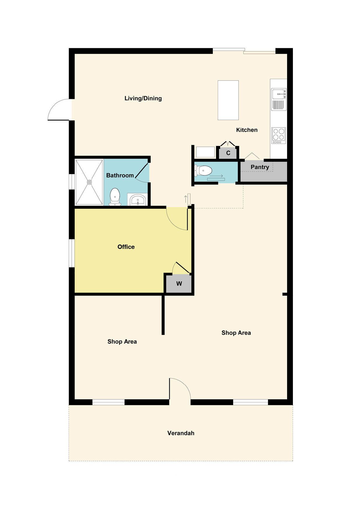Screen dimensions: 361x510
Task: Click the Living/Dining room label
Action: tap(143, 98)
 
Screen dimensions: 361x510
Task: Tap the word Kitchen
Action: tap(247, 130)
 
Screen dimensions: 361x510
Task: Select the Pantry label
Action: tap(260, 167)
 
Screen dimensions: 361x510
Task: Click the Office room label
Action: tap(126, 247)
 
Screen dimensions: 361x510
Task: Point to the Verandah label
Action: tap(181, 433)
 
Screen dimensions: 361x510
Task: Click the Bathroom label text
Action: tap(120, 175)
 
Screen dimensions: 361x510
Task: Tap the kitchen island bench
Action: tap(228, 100)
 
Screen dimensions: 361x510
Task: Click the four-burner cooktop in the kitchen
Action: tap(279, 135)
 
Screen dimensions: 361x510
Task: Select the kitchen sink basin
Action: tap(279, 94)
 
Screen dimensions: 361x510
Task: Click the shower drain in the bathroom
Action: tap(89, 182)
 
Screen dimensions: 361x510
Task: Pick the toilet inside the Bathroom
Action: tap(115, 197)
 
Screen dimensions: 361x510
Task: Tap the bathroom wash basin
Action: tap(138, 200)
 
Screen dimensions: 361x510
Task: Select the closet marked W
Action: tap(179, 283)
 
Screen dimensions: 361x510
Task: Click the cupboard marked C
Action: tap(228, 153)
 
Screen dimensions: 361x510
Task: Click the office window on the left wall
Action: tap(72, 253)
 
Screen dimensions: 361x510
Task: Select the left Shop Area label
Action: tap(122, 342)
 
